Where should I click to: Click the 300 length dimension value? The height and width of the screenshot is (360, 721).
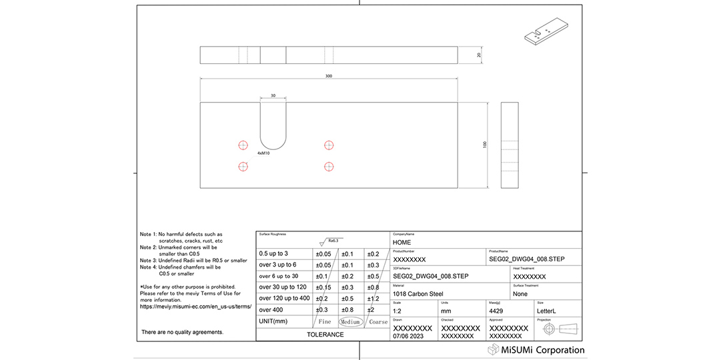pyautogui.click(x=328, y=77)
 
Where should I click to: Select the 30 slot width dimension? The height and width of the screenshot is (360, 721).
pyautogui.click(x=272, y=96)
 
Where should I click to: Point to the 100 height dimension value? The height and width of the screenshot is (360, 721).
pyautogui.click(x=485, y=145)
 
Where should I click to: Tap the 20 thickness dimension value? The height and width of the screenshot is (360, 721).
pyautogui.click(x=480, y=55)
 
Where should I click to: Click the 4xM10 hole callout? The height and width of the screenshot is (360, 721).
pyautogui.click(x=263, y=153)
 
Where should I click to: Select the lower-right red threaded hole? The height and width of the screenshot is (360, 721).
pyautogui.click(x=328, y=167)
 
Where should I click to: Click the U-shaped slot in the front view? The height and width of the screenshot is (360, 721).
pyautogui.click(x=273, y=127)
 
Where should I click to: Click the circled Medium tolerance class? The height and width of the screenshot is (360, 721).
pyautogui.click(x=351, y=322)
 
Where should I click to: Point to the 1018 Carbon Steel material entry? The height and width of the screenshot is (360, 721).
pyautogui.click(x=418, y=293)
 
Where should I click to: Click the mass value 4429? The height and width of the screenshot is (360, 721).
pyautogui.click(x=497, y=311)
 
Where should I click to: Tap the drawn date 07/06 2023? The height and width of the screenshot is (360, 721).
pyautogui.click(x=408, y=337)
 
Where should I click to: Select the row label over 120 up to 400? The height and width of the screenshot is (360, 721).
pyautogui.click(x=284, y=298)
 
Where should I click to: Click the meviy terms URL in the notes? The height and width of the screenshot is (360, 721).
pyautogui.click(x=195, y=307)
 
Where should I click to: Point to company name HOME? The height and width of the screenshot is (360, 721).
pyautogui.click(x=402, y=243)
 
